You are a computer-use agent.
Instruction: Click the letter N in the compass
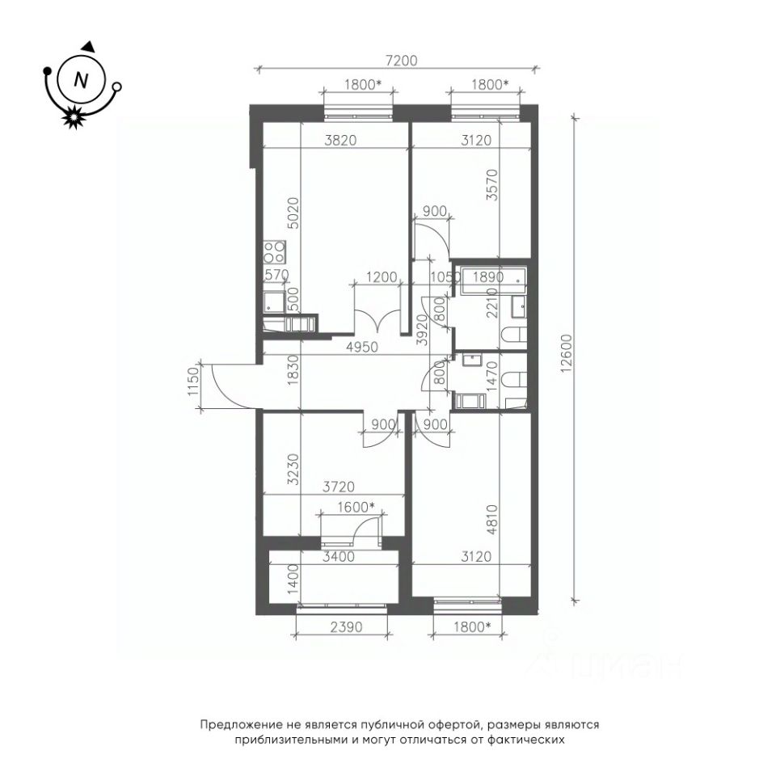click(80, 80)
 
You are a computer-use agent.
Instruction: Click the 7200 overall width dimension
click(402, 61)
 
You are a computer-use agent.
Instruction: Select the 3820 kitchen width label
click(340, 140)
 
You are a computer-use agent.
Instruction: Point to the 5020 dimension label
click(293, 213)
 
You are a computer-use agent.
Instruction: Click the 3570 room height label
click(492, 184)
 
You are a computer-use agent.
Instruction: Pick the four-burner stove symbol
click(274, 252)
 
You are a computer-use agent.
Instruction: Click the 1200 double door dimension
click(382, 276)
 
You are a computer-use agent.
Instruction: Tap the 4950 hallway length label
click(362, 348)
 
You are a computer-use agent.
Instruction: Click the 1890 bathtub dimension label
click(488, 277)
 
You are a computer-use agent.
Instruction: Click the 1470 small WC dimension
click(491, 377)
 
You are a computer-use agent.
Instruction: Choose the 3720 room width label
click(339, 487)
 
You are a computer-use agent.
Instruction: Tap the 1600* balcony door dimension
click(356, 508)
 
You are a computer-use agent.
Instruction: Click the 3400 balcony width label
click(339, 557)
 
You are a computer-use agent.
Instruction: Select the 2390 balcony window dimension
click(346, 627)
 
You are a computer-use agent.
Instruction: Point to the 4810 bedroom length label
click(492, 520)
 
